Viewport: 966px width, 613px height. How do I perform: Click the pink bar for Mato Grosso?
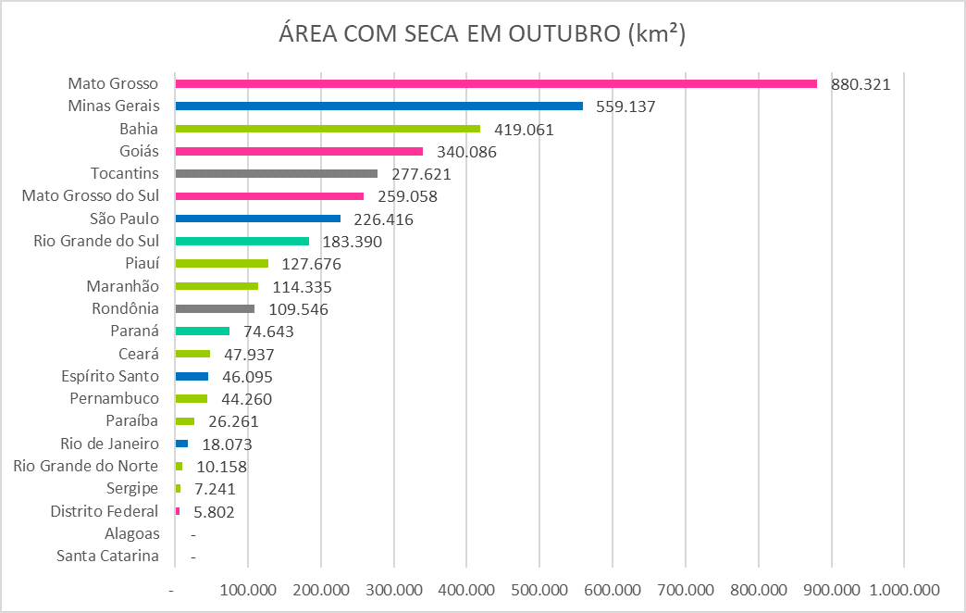(x=495, y=83)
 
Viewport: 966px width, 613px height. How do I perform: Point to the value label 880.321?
(x=860, y=84)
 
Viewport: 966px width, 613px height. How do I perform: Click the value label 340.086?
(x=465, y=152)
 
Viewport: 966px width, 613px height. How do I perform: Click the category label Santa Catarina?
(x=107, y=557)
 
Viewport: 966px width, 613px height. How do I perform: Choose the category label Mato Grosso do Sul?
(x=91, y=196)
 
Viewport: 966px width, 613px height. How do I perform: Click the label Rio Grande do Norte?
(x=86, y=466)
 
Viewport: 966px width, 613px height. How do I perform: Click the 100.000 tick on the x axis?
(x=247, y=589)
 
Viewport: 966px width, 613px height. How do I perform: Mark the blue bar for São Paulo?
(x=258, y=219)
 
